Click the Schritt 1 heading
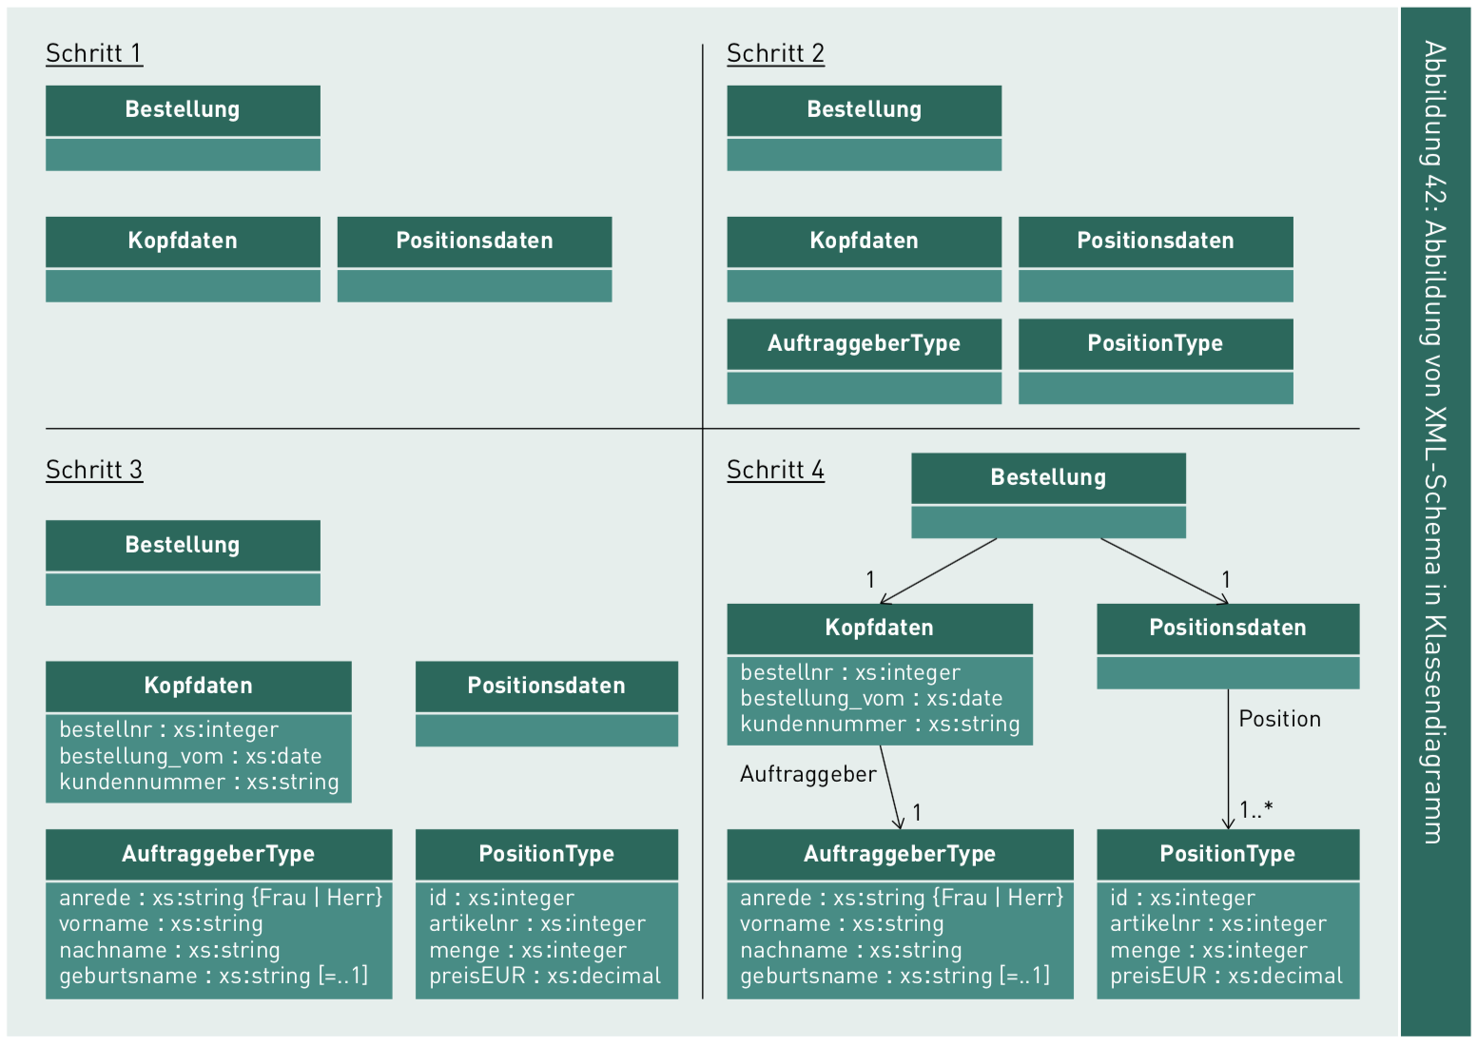coord(94,53)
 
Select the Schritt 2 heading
coord(775,53)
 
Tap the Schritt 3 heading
coord(94,470)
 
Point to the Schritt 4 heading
coord(775,470)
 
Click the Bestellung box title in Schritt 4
coord(1048,477)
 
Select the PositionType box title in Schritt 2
coord(1155,343)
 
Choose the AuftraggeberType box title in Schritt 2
coord(864,343)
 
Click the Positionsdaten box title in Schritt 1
coord(474,241)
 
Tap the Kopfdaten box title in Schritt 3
coord(198,686)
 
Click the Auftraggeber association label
coord(807,774)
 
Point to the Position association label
coord(1279,719)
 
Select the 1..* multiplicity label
coord(1255,810)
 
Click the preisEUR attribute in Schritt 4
coord(1226,976)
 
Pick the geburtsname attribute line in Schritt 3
coord(213,976)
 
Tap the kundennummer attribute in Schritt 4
coord(879,724)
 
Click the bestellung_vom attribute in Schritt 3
coord(190,756)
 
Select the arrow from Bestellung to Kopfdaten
coord(938,571)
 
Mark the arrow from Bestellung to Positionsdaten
coord(1164,571)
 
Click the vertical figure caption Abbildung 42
coord(1434,441)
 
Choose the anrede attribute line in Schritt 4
coord(901,898)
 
